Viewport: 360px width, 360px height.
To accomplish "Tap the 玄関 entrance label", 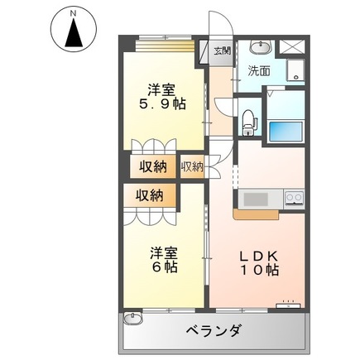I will coord(222,50).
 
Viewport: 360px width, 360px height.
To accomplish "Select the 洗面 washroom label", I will coord(261,72).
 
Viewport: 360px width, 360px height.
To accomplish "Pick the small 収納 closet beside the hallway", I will coord(192,166).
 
